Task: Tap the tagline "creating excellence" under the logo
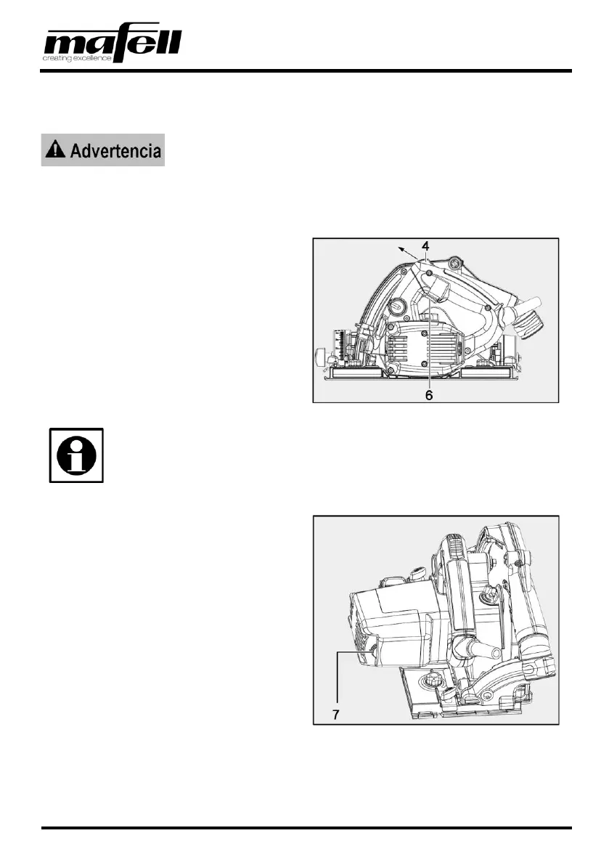(x=77, y=58)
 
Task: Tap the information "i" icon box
(x=76, y=455)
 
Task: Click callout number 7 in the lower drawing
(x=335, y=714)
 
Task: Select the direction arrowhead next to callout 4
(x=399, y=249)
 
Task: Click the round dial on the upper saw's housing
(x=398, y=306)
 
